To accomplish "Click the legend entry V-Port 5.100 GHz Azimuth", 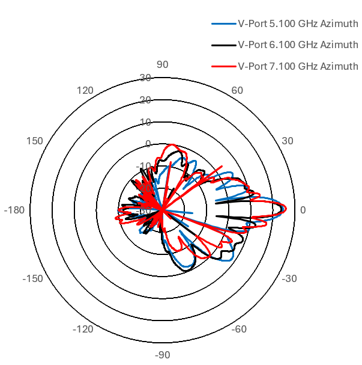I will pyautogui.click(x=298, y=23).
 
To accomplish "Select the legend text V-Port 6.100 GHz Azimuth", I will pyautogui.click(x=298, y=44).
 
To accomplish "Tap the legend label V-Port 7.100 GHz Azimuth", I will pyautogui.click(x=298, y=66).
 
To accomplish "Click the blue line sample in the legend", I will pyautogui.click(x=223, y=24).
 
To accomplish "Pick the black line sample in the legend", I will pyautogui.click(x=223, y=45).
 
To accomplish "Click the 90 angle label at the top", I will pyautogui.click(x=162, y=65).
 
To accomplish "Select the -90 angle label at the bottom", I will pyautogui.click(x=162, y=355).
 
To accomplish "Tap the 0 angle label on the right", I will pyautogui.click(x=303, y=210).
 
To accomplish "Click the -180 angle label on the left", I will pyautogui.click(x=14, y=210).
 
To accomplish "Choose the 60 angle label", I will pyautogui.click(x=237, y=90).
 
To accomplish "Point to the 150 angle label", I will pyautogui.click(x=35, y=141).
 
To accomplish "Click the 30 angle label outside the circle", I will pyautogui.click(x=287, y=141).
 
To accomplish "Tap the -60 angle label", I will pyautogui.click(x=238, y=329).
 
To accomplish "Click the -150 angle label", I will pyautogui.click(x=33, y=278).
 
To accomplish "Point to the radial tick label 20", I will pyautogui.click(x=145, y=100).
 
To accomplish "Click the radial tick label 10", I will pyautogui.click(x=145, y=122).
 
